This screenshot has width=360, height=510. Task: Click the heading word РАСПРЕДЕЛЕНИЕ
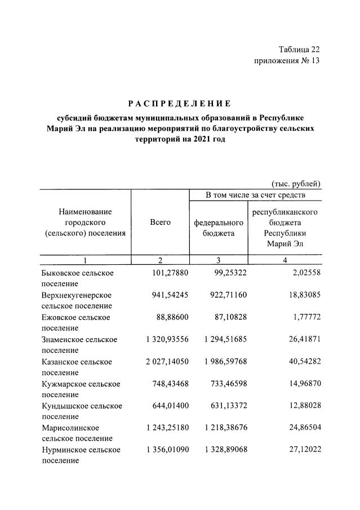click(179, 103)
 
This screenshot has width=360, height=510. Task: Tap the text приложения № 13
click(287, 61)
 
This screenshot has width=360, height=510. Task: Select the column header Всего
click(160, 223)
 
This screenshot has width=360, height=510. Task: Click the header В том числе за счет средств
click(255, 196)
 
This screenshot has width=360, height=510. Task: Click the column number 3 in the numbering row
click(219, 260)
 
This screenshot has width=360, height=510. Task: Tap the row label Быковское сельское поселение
click(78, 278)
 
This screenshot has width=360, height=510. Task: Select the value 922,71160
click(228, 295)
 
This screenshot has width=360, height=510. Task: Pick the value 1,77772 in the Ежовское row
click(305, 317)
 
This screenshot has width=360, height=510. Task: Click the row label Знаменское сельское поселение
click(79, 344)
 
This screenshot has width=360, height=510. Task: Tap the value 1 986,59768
click(224, 361)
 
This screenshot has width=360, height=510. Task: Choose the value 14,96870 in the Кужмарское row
click(303, 384)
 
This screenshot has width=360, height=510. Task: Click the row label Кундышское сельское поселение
click(81, 411)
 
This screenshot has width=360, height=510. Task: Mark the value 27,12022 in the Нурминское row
click(303, 450)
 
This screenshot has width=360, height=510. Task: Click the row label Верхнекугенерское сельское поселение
click(77, 300)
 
